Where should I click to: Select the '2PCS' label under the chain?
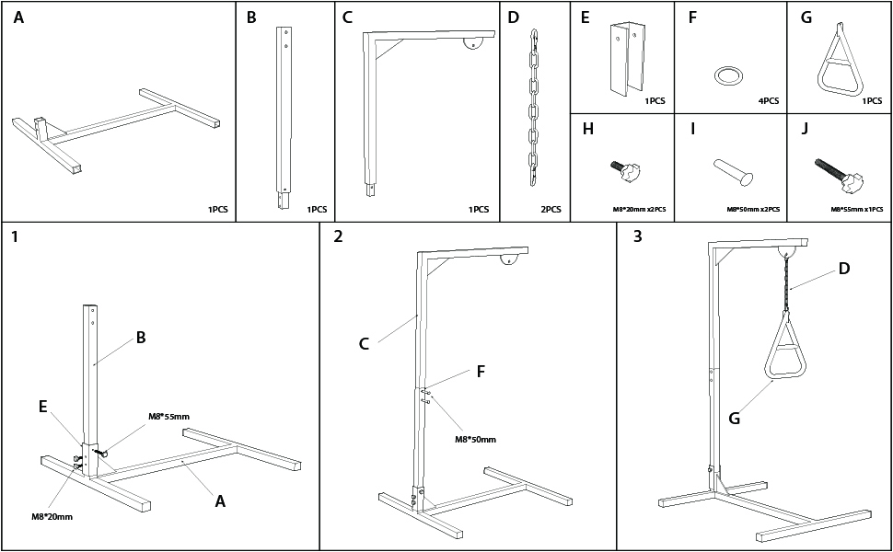[551, 210]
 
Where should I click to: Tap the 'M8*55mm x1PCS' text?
[857, 210]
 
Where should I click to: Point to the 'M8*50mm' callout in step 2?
[474, 439]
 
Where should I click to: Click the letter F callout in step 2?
[480, 372]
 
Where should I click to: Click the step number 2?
[339, 236]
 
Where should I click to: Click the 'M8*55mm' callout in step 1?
[168, 417]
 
